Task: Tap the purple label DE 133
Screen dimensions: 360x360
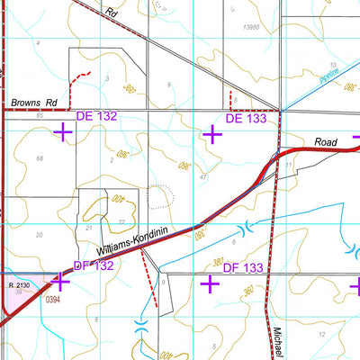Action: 245,118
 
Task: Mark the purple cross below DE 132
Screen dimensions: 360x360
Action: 63,133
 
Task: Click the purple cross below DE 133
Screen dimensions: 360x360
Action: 212,134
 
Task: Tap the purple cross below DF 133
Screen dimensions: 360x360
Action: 211,284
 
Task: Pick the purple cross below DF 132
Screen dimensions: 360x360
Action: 61,283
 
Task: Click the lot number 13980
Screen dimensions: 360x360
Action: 256,28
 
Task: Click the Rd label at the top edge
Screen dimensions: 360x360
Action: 111,13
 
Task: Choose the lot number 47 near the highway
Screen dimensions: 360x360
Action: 204,178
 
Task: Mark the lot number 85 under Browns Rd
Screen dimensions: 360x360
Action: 40,116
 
